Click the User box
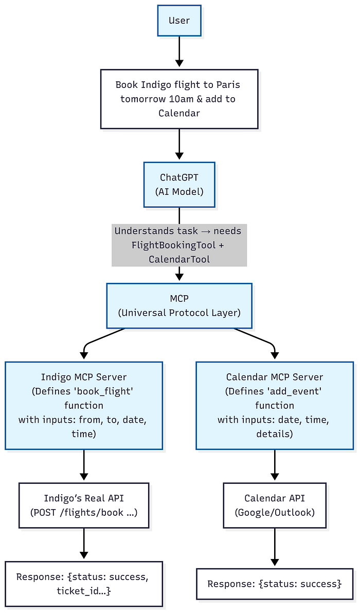(x=179, y=21)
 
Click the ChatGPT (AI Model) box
(x=179, y=185)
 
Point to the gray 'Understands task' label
(x=179, y=245)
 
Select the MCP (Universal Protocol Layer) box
(x=179, y=305)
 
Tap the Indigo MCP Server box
(x=84, y=405)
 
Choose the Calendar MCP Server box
(x=275, y=405)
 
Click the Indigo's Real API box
(x=84, y=505)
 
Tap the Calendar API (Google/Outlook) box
(x=275, y=505)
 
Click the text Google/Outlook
(x=275, y=512)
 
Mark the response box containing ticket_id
(x=84, y=584)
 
